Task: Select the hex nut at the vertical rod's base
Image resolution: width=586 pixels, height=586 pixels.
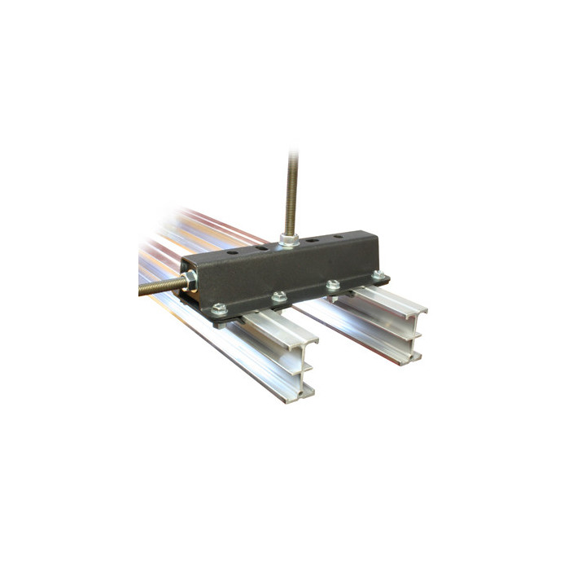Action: tap(289, 239)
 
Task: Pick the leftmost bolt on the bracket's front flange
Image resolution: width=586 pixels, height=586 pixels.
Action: tap(218, 309)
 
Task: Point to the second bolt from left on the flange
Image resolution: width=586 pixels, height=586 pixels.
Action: tap(278, 296)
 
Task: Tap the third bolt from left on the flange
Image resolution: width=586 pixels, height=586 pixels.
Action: tap(332, 285)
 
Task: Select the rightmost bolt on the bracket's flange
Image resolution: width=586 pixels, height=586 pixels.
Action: tap(377, 275)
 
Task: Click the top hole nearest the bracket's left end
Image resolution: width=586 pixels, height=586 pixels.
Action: tap(234, 253)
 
